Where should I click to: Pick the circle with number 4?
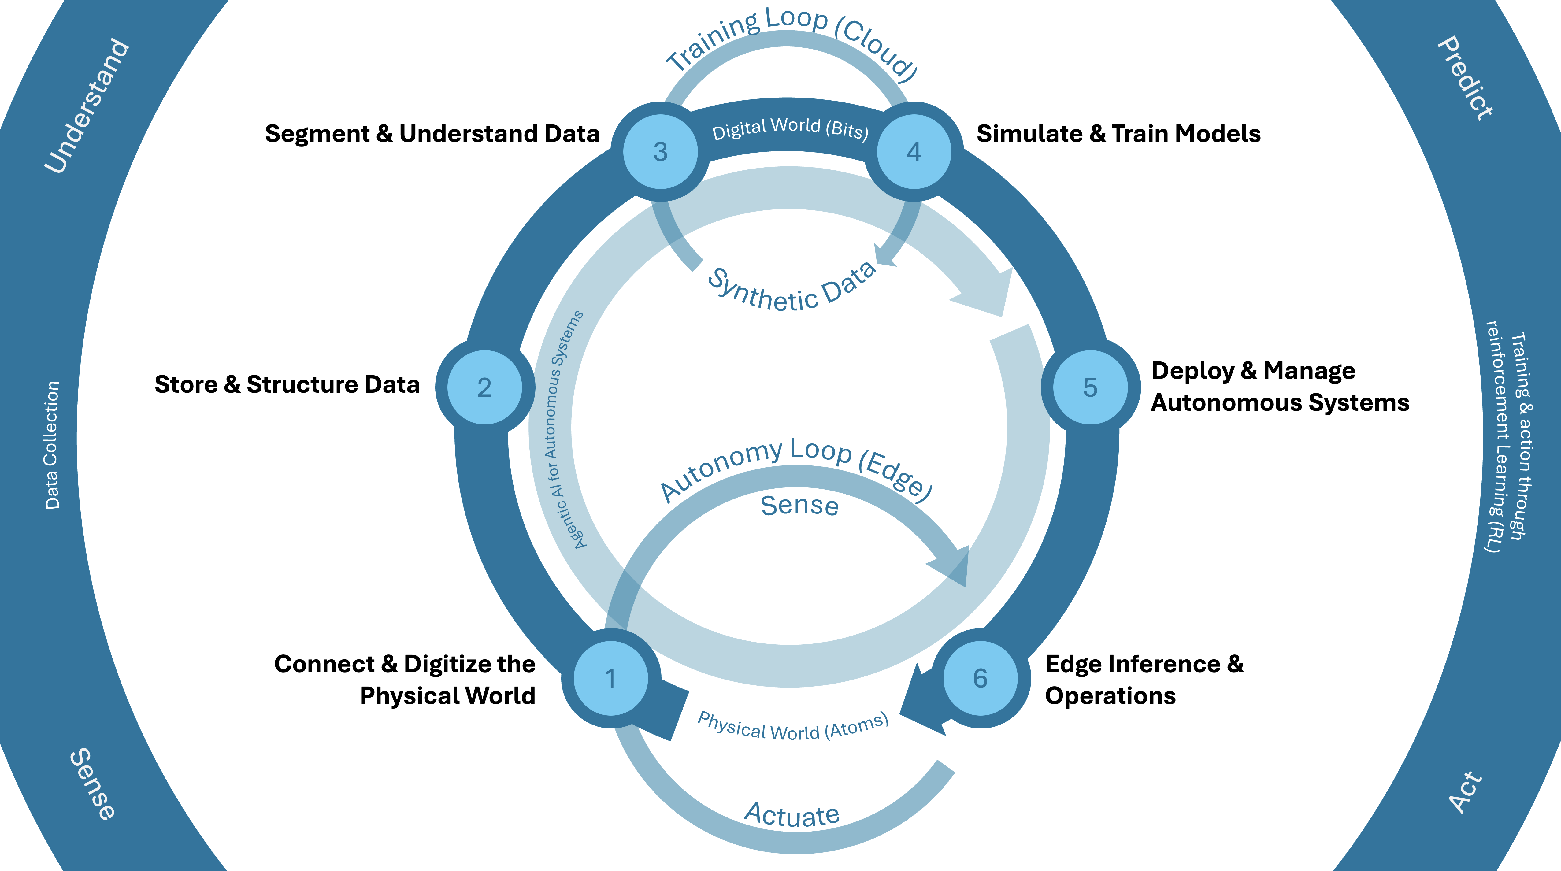coord(914,151)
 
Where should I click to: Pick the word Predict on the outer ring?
coord(1465,79)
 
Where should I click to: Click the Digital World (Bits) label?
coord(790,128)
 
